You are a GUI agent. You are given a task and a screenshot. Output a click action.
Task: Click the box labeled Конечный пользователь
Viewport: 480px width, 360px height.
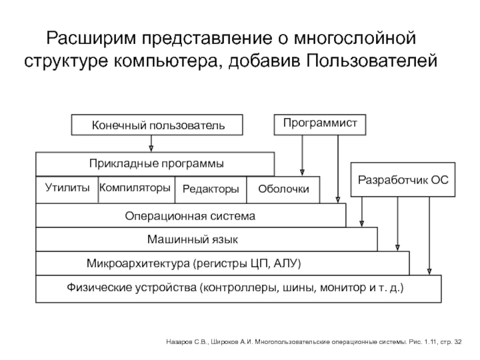[x=157, y=125]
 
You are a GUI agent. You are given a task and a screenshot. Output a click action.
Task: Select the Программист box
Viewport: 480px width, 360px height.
[x=320, y=125]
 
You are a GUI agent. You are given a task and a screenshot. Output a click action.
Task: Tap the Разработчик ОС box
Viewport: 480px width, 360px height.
[x=403, y=179]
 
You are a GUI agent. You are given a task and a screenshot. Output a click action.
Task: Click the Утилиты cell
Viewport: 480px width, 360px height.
[x=67, y=190]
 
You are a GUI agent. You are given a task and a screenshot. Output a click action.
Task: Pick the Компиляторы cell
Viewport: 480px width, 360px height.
[x=137, y=190]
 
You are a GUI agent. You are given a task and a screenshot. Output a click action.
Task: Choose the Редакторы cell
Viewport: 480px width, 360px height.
[x=211, y=190]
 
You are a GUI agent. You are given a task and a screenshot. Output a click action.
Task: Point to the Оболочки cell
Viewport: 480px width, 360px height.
[x=283, y=190]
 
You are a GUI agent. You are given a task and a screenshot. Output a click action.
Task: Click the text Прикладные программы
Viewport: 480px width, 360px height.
[x=157, y=164]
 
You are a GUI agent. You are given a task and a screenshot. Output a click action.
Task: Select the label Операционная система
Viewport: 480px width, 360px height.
[x=190, y=216]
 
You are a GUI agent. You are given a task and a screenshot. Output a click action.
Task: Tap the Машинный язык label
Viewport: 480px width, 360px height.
[x=193, y=239]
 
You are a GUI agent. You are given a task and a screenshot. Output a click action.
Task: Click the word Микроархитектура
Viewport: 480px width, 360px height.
[x=138, y=263]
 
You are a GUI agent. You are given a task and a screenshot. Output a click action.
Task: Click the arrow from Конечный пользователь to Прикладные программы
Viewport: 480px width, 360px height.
[x=151, y=143]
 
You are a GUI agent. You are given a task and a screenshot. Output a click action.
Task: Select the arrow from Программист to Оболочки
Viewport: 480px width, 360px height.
[x=302, y=155]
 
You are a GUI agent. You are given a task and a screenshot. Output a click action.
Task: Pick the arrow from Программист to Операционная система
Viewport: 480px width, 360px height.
[x=338, y=169]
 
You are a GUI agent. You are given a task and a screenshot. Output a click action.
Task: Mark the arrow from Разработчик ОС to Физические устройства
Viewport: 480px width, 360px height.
[x=429, y=236]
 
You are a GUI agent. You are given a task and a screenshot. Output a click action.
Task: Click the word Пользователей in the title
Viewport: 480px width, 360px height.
[x=371, y=61]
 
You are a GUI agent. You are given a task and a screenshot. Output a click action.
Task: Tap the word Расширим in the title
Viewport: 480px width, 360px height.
[x=91, y=38]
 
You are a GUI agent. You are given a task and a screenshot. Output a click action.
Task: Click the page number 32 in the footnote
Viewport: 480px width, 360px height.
[x=458, y=342]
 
